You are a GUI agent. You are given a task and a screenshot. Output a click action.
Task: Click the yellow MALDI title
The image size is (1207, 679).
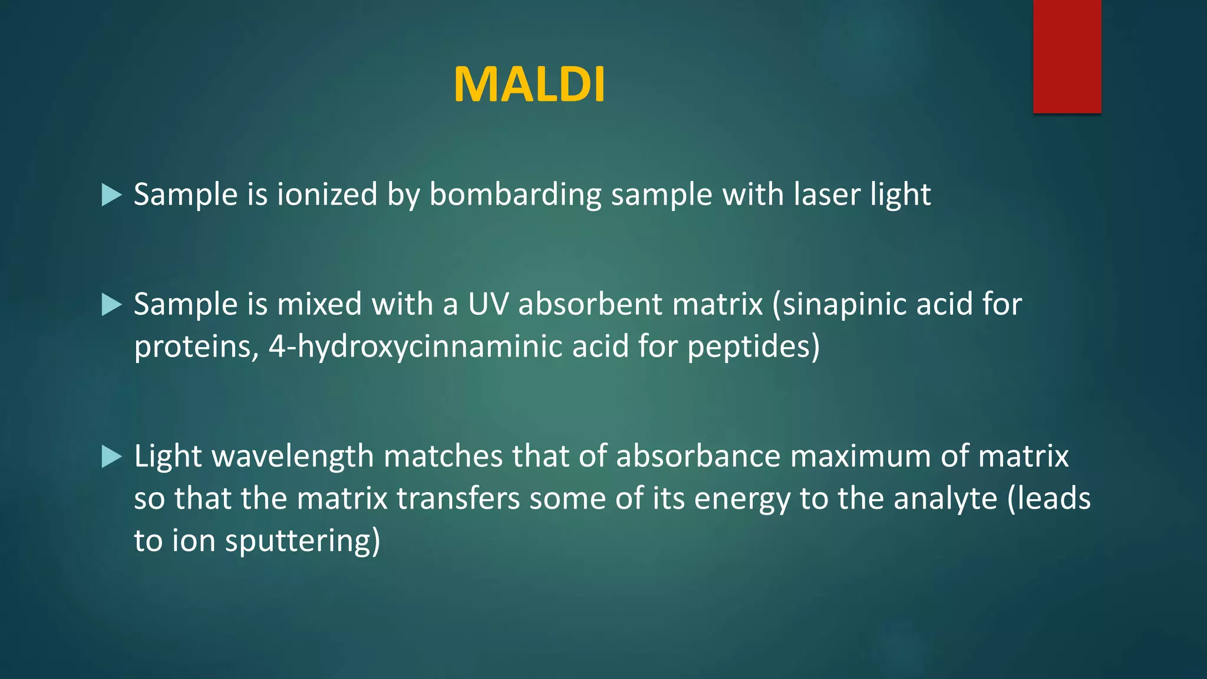pos(529,85)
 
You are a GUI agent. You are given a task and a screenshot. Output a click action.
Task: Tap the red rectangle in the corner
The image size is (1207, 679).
pos(1067,56)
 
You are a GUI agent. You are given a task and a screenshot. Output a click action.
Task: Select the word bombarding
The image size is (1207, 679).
pos(515,195)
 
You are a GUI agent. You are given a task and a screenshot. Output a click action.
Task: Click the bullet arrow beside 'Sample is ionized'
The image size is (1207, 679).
pos(111,195)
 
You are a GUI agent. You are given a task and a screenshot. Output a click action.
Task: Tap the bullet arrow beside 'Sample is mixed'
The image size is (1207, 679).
pos(111,305)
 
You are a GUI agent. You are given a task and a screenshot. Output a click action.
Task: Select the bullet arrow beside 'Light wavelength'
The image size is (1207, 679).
pos(111,456)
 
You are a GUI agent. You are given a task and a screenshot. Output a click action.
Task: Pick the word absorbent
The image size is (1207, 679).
pos(590,304)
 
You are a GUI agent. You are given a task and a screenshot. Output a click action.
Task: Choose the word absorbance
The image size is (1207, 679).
pos(698,456)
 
